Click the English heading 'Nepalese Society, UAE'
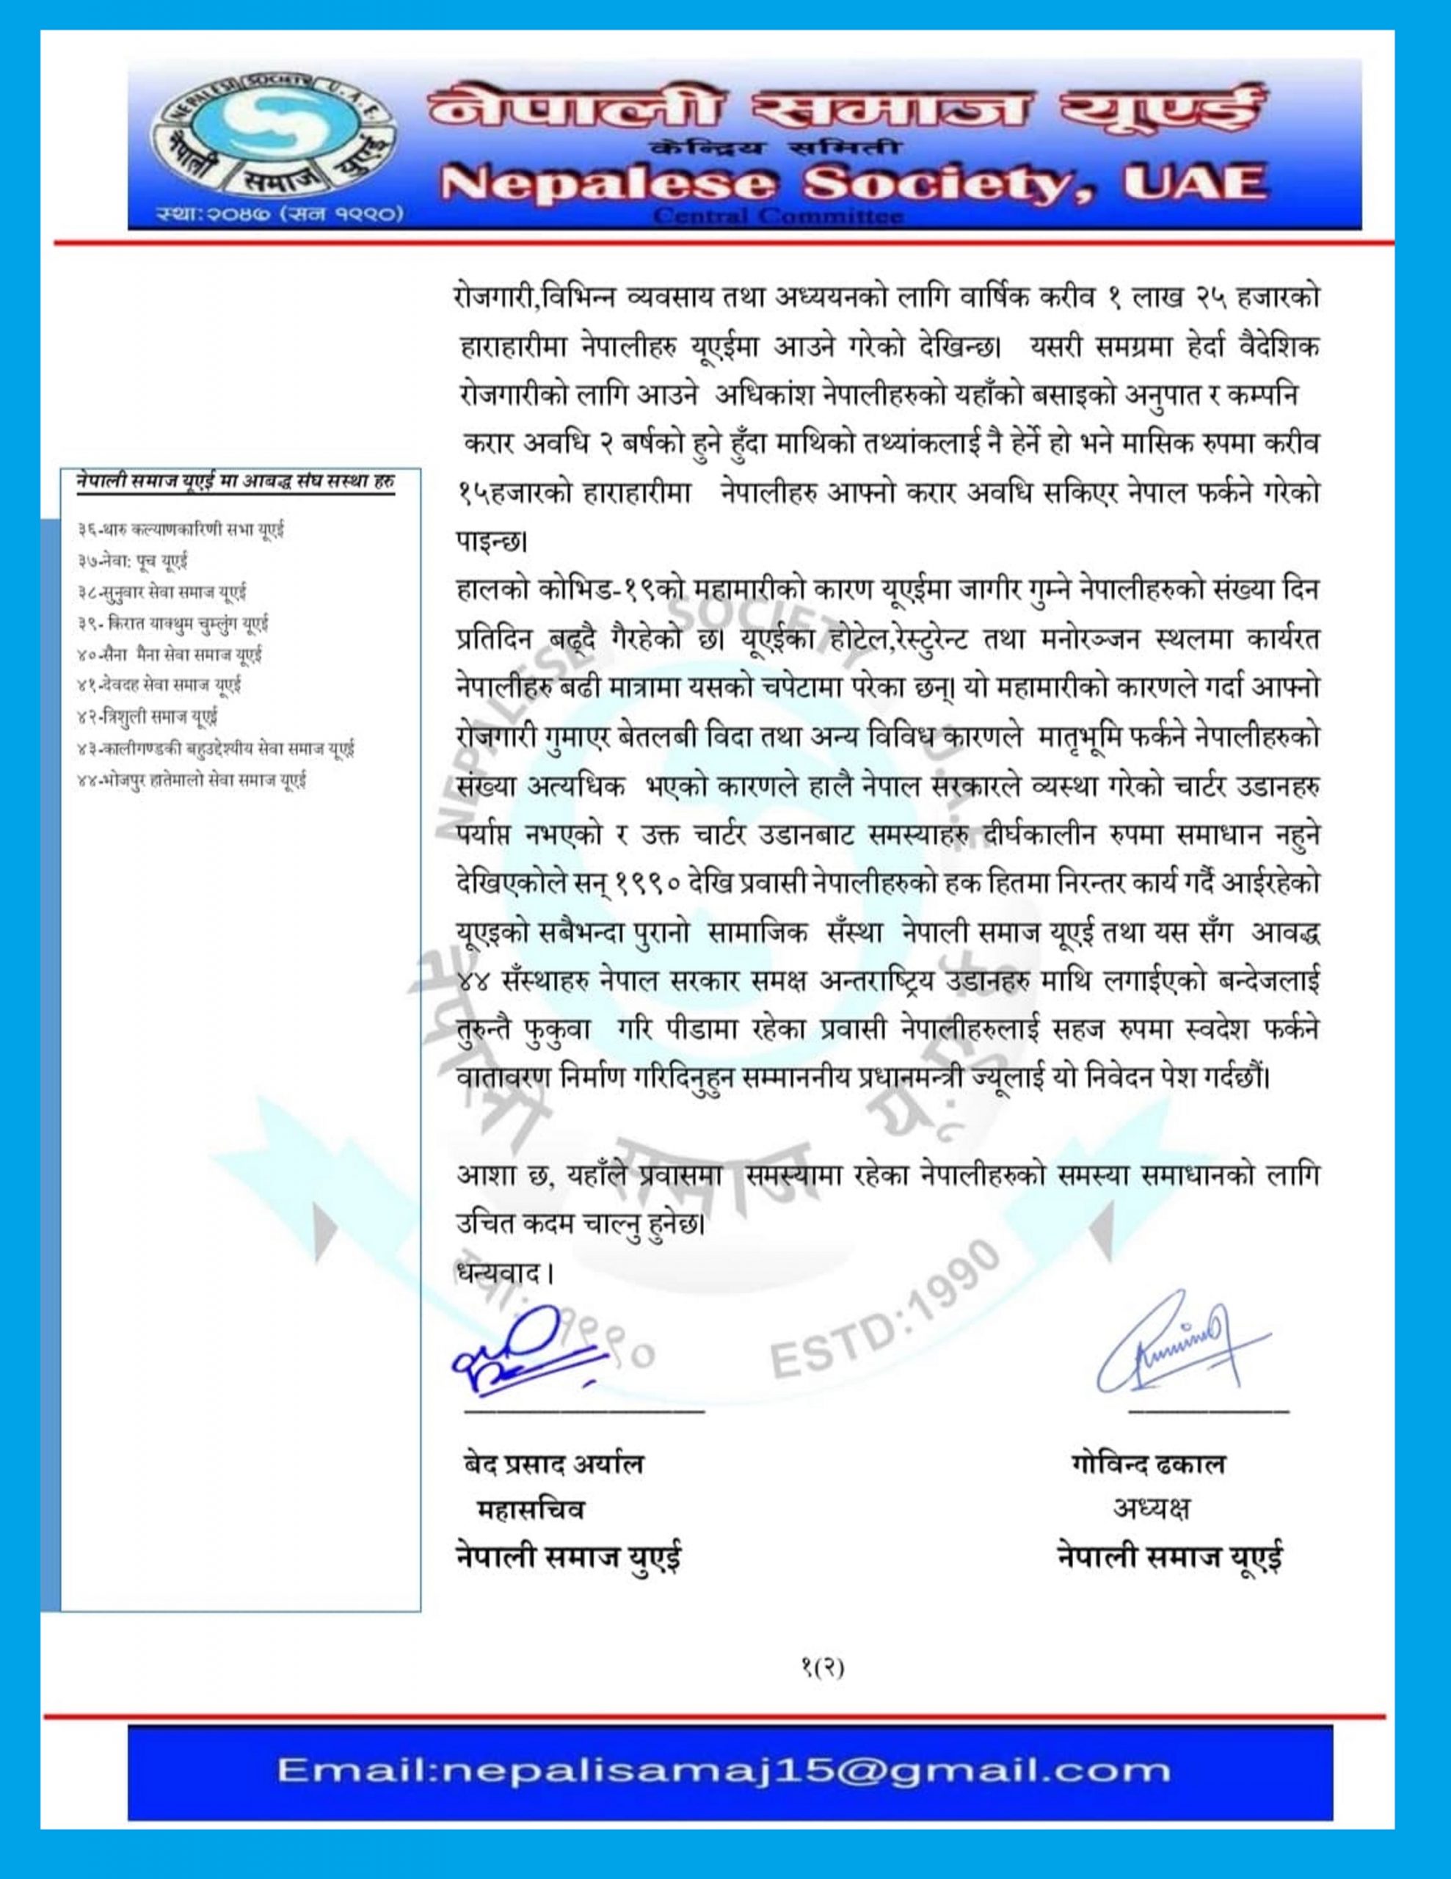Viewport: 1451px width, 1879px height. pos(857,182)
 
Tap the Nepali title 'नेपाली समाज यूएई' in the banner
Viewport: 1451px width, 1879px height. pos(848,111)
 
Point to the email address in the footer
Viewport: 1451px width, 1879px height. pos(724,1768)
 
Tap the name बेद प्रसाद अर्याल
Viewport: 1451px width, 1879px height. pos(550,1464)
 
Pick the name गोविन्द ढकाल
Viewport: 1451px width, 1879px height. pos(1148,1464)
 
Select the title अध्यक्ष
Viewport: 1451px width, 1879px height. pos(1152,1509)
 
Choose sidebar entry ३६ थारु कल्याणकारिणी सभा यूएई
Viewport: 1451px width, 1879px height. pos(180,530)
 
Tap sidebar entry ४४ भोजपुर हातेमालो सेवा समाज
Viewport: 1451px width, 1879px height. pos(191,781)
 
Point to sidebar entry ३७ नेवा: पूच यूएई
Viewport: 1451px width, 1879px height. pos(131,561)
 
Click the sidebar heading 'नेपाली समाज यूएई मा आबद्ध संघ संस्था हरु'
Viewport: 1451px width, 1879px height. pos(235,481)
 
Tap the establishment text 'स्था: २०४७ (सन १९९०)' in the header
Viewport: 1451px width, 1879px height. pos(279,211)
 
